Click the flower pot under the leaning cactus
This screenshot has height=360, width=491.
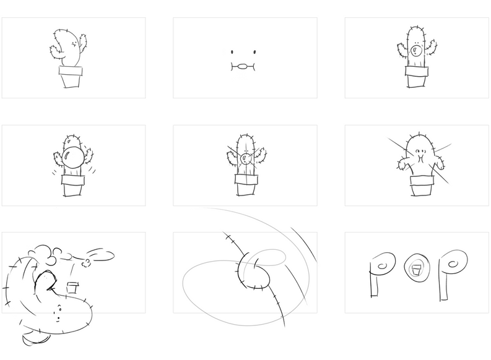tap(71, 77)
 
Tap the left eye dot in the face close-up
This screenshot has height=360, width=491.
tap(232, 52)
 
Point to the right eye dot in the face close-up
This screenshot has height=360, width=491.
tap(254, 52)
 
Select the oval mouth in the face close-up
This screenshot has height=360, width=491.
tap(243, 66)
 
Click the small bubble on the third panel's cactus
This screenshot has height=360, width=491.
tap(416, 51)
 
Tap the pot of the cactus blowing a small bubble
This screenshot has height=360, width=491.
tap(417, 77)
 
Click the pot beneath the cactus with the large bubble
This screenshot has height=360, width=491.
tap(73, 186)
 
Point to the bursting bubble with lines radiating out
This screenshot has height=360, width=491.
tap(245, 159)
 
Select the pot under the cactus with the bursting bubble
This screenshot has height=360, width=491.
tap(246, 185)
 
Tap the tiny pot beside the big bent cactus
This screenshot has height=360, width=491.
tap(72, 288)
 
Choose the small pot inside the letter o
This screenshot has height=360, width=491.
tap(416, 269)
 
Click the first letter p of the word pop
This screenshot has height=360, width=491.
tap(380, 273)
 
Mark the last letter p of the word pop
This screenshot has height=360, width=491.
tap(451, 273)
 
